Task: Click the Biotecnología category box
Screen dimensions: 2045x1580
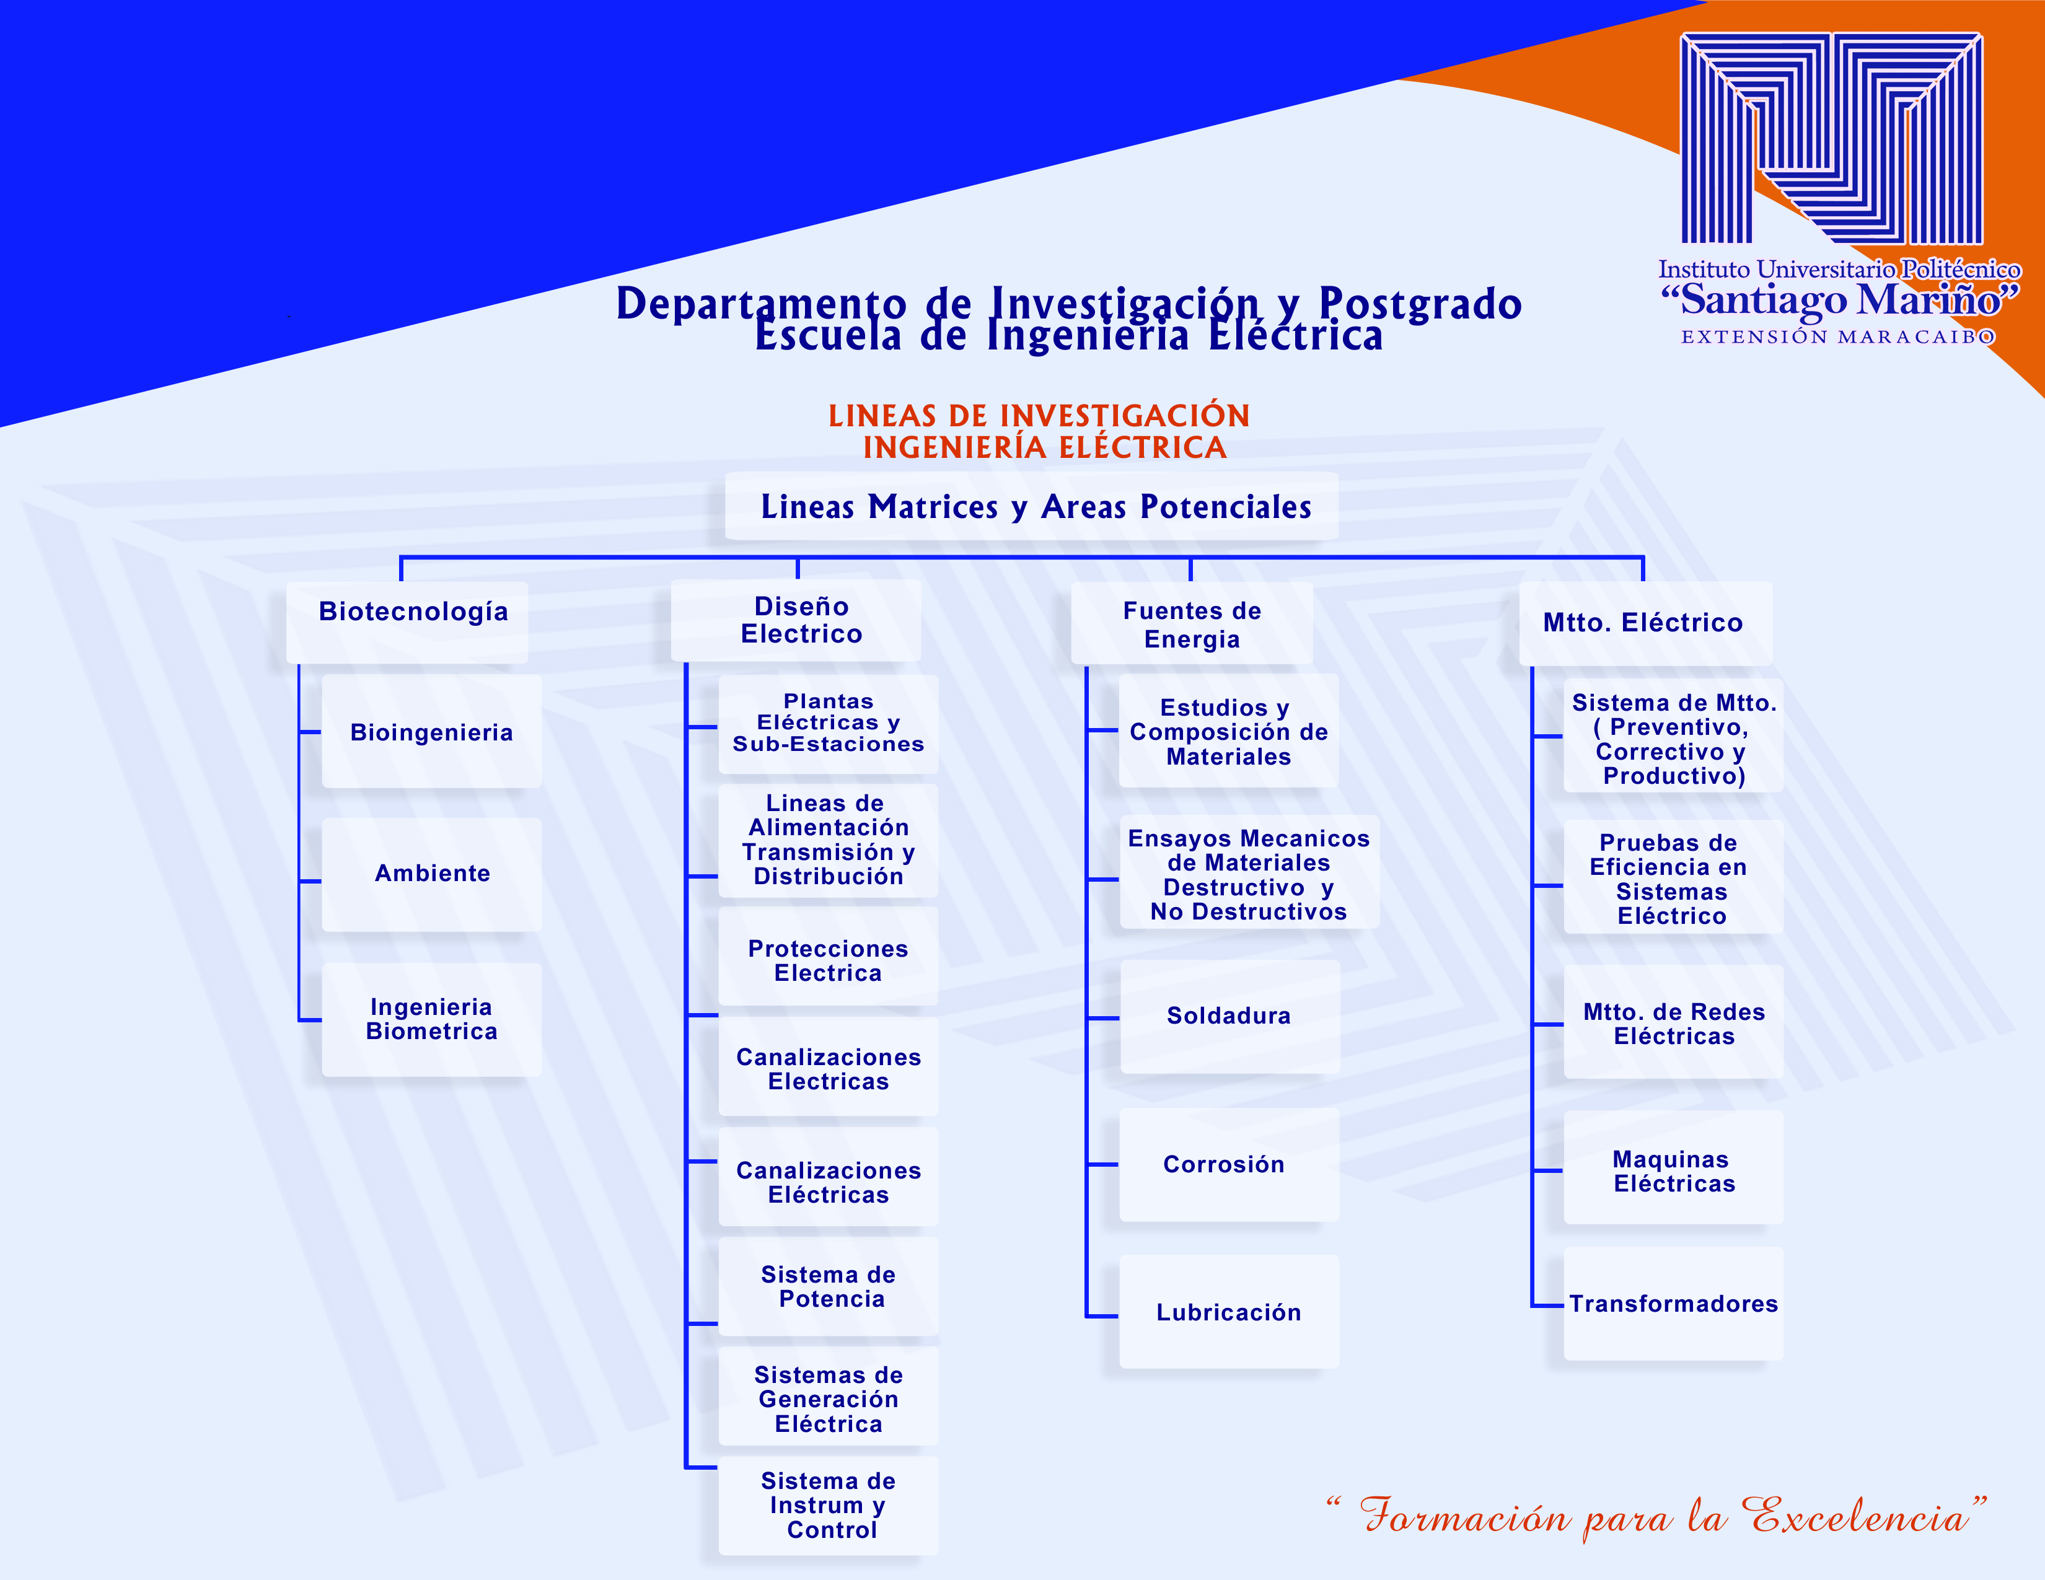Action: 407,623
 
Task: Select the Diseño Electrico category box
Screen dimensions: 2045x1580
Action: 796,621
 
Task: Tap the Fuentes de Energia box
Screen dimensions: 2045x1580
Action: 1192,623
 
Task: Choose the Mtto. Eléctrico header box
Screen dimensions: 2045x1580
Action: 1645,623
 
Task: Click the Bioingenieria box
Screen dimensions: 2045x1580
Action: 432,731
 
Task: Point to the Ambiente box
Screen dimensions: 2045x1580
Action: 432,874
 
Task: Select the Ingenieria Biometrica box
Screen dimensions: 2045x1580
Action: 432,1019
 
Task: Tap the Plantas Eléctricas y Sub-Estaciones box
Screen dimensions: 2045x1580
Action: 829,724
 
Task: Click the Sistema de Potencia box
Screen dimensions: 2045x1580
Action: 829,1286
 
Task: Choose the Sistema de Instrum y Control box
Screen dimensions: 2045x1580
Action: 829,1505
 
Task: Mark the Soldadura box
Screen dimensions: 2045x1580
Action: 1230,1017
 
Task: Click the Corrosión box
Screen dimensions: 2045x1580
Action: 1229,1164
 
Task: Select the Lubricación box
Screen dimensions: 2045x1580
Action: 1229,1311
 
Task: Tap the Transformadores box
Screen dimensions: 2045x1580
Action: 1673,1303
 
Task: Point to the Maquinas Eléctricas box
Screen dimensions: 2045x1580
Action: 1673,1167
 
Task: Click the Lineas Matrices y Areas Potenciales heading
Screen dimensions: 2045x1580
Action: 1032,506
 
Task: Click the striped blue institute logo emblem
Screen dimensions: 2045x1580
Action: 1831,139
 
